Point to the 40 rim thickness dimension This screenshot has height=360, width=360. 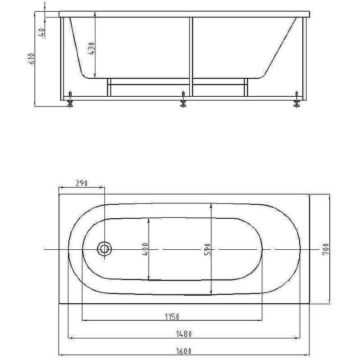[41, 32]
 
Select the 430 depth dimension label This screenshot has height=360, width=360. [91, 48]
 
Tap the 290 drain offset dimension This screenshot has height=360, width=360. [81, 183]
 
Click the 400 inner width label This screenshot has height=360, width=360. [145, 249]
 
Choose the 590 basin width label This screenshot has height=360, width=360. [207, 249]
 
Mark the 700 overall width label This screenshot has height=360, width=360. [326, 249]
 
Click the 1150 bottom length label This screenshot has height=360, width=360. [172, 317]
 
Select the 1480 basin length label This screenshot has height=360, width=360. [184, 334]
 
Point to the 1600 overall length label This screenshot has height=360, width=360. [184, 351]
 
